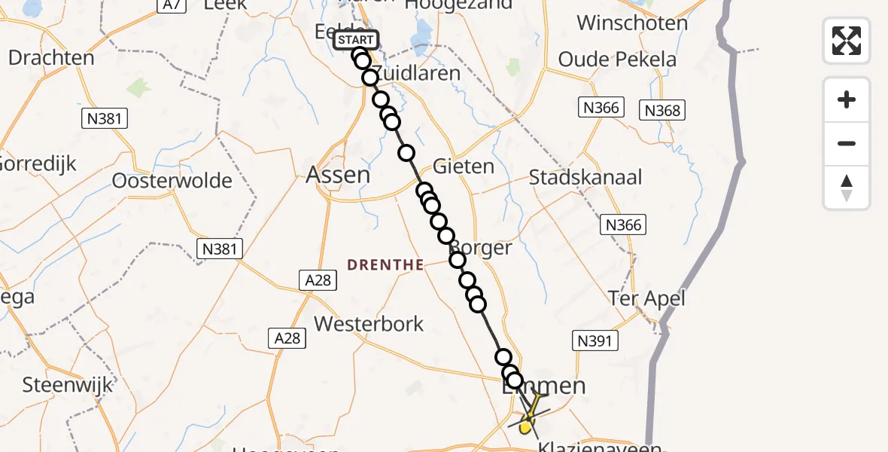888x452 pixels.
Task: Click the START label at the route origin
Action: coord(354,40)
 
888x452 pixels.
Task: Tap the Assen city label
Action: coord(338,176)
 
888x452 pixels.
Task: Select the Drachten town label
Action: coord(51,58)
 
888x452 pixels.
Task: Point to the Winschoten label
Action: coord(632,23)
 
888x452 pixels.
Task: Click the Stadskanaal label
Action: coord(585,178)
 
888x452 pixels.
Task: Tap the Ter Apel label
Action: coord(646,299)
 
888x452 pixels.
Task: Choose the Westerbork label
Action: coord(369,324)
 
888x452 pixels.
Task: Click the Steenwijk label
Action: coord(68,385)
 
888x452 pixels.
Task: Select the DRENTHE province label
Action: coord(385,264)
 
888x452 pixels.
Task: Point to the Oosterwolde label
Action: coord(172,181)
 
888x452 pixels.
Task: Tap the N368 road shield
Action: coord(662,111)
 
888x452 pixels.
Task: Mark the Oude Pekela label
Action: coord(617,60)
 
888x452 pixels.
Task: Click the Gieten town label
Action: coord(464,166)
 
